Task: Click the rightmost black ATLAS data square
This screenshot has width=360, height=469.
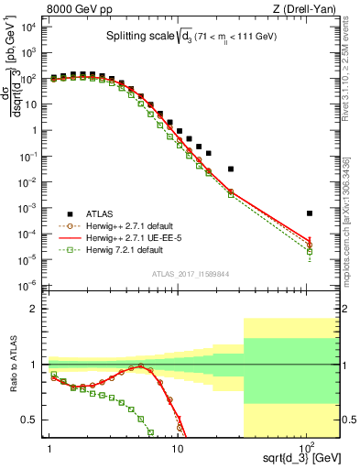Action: click(x=310, y=213)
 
